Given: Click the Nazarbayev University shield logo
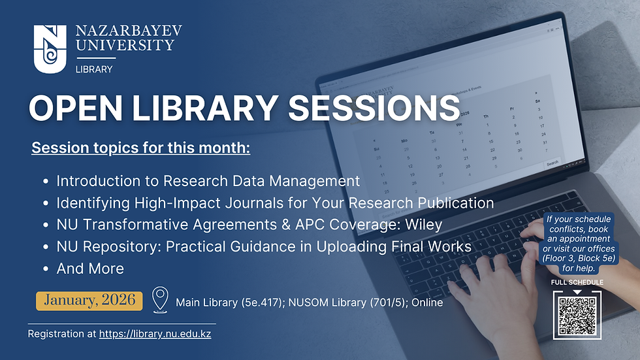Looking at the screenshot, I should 50,47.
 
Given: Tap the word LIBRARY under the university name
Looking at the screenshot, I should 94,69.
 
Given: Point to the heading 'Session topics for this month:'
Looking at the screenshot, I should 140,148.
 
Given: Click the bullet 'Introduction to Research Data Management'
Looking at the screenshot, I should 208,180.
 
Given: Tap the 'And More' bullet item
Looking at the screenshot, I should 89,268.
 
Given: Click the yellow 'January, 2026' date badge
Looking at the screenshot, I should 89,300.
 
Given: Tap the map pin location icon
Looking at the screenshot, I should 159,300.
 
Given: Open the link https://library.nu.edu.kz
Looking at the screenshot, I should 155,334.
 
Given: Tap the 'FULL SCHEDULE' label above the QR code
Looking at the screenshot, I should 577,282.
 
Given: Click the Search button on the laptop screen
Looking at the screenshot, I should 552,163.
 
